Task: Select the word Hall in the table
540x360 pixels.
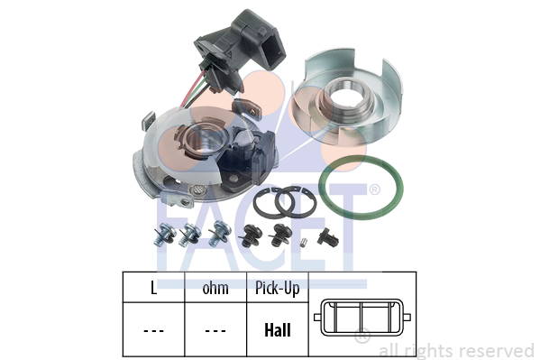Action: click(x=278, y=330)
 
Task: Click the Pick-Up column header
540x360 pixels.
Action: click(x=278, y=289)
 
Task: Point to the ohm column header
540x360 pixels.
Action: click(x=215, y=289)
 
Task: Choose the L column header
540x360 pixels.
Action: click(x=153, y=288)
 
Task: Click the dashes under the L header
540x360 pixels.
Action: click(x=153, y=331)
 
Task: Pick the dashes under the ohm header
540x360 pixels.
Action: click(x=215, y=331)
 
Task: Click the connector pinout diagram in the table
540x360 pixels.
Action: click(x=362, y=318)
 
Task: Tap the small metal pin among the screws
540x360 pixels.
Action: click(x=303, y=242)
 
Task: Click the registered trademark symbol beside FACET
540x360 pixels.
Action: click(x=375, y=189)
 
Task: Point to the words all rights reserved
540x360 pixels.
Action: click(x=457, y=351)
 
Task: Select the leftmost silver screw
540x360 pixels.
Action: click(x=164, y=235)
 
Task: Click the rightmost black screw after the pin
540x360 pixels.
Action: click(x=327, y=237)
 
